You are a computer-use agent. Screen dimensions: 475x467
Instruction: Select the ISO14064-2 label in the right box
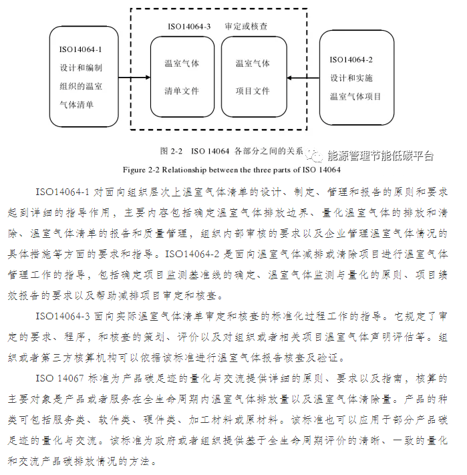pyautogui.click(x=351, y=59)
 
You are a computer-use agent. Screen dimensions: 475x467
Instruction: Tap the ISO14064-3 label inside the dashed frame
pyautogui.click(x=189, y=27)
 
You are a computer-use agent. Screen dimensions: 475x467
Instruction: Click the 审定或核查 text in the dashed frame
pyautogui.click(x=247, y=27)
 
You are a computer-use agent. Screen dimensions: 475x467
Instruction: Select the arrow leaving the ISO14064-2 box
pyautogui.click(x=304, y=78)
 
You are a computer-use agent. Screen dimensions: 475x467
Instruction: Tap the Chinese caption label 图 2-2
pyautogui.click(x=172, y=150)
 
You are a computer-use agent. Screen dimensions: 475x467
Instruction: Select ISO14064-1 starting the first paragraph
pyautogui.click(x=63, y=192)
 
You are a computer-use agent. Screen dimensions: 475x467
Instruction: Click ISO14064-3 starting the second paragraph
pyautogui.click(x=63, y=315)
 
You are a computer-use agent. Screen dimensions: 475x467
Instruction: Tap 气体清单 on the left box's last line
pyautogui.click(x=77, y=104)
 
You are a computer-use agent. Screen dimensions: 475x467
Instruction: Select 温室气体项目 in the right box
pyautogui.click(x=355, y=96)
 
